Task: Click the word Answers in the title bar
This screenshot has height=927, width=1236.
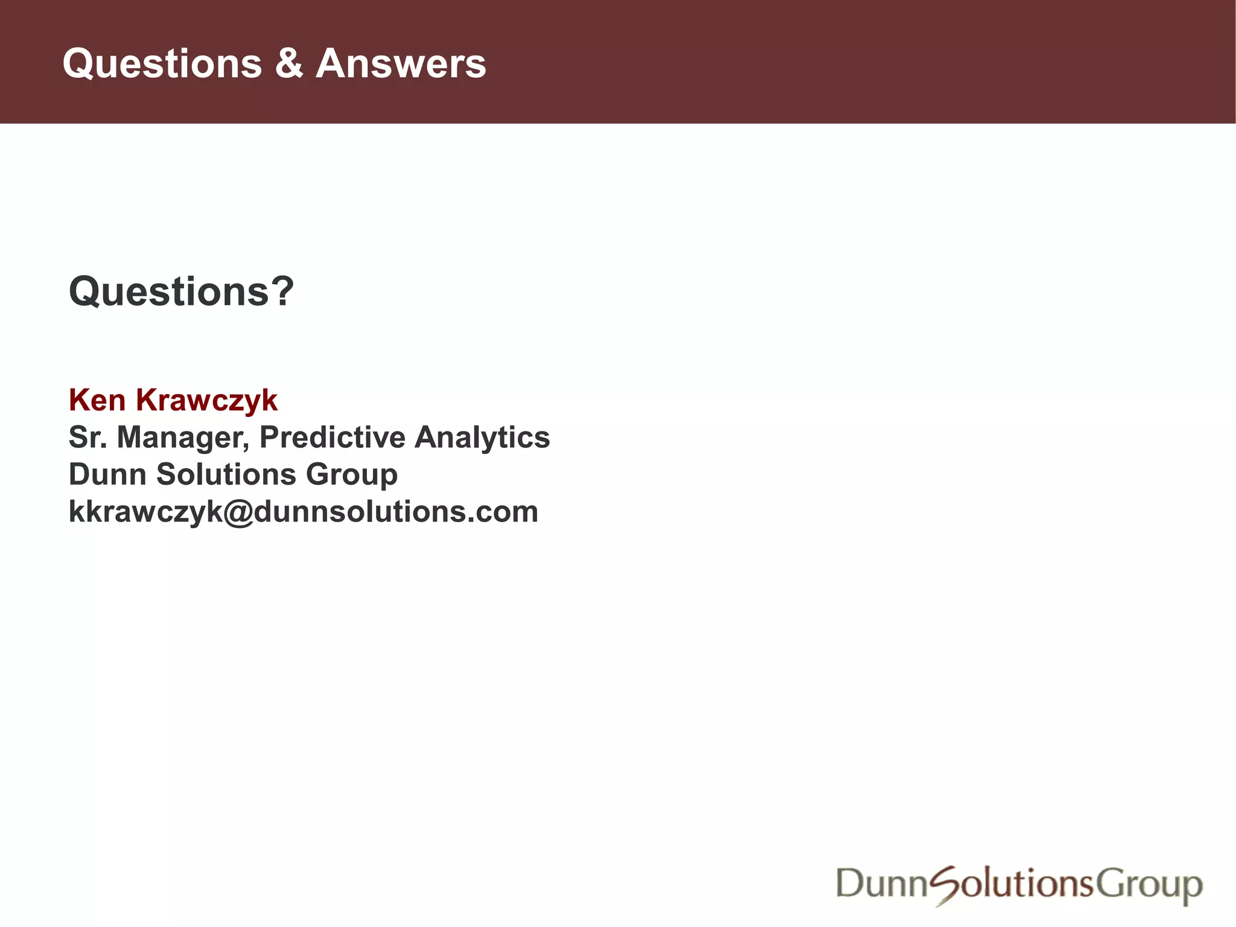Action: pos(401,63)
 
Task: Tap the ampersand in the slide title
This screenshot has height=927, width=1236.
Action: pos(289,63)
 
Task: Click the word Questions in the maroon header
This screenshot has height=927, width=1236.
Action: pos(162,65)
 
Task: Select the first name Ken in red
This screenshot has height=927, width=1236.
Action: pos(97,400)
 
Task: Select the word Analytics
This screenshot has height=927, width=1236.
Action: pos(482,438)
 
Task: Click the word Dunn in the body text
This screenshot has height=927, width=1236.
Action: pos(107,474)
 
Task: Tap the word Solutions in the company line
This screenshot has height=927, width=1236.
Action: pos(226,474)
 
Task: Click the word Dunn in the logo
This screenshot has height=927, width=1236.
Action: pos(881,884)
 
